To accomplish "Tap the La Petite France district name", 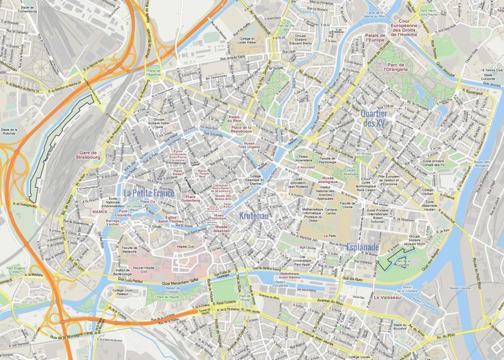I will coord(149,193).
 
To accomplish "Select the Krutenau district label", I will coord(254,215).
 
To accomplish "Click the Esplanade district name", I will coord(362,247).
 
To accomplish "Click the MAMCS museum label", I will coord(100,212).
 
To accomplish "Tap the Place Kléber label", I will coord(178,173).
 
